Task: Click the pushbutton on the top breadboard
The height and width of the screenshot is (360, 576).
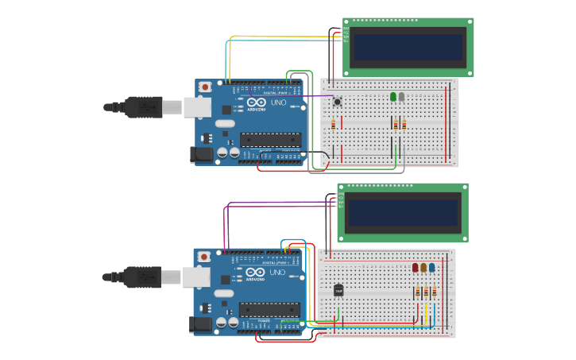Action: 337,101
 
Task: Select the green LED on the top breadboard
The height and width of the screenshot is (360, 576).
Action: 393,97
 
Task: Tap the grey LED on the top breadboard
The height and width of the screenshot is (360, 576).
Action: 402,97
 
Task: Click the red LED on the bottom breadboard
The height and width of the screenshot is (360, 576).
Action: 416,268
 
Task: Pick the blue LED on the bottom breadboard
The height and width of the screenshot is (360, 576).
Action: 432,268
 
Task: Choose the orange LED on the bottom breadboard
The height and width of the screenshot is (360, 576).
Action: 423,268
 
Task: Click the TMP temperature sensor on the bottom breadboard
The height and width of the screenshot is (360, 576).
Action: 338,290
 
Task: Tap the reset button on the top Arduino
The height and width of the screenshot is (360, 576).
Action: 205,87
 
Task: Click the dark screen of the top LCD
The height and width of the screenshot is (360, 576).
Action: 408,48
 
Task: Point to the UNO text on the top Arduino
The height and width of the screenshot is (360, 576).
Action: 279,103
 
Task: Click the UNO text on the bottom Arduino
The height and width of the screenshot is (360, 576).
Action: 277,272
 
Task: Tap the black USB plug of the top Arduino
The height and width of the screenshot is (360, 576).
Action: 143,106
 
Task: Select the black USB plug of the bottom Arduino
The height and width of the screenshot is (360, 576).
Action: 142,277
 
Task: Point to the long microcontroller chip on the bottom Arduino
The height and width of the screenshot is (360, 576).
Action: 269,309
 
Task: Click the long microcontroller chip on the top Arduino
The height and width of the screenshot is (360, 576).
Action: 270,140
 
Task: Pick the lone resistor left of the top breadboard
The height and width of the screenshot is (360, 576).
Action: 333,124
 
